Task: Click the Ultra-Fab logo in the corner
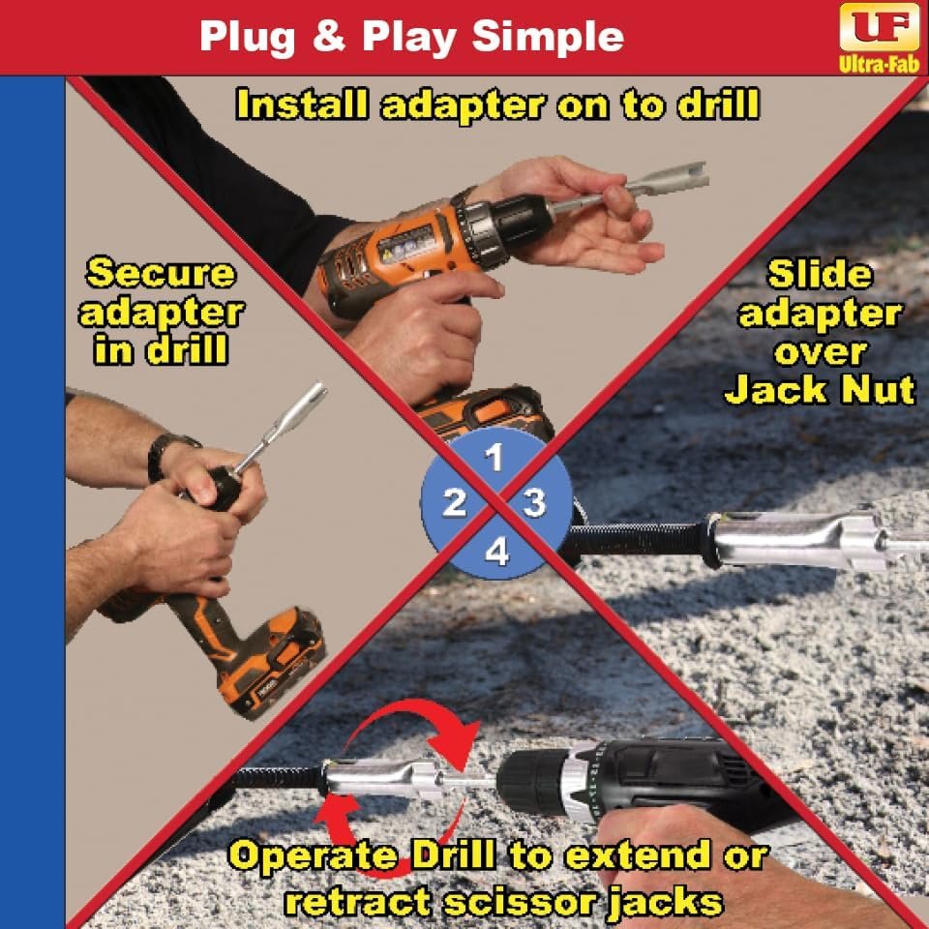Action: (x=879, y=38)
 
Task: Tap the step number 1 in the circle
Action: (x=494, y=458)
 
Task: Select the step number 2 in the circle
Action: (x=455, y=502)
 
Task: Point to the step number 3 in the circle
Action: (x=534, y=502)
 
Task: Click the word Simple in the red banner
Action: (x=548, y=37)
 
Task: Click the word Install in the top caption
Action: (x=302, y=105)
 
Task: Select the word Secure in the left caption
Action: (x=161, y=273)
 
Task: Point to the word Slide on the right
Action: (x=820, y=274)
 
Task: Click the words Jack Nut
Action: (x=821, y=390)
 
